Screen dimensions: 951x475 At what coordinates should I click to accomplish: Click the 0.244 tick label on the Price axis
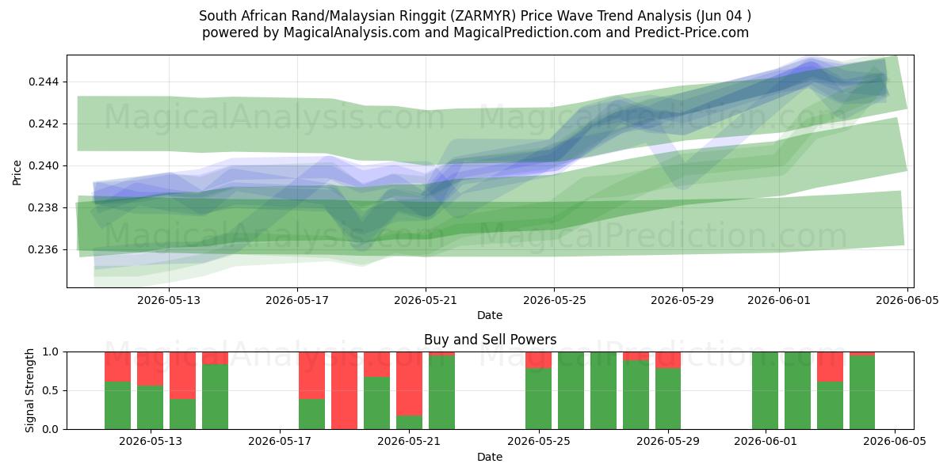click(44, 82)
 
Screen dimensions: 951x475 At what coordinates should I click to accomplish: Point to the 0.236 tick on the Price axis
click(44, 250)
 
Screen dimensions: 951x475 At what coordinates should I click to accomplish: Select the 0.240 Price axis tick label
click(44, 165)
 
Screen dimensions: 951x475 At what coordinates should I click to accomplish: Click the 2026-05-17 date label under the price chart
click(297, 300)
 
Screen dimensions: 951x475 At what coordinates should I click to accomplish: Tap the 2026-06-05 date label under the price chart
click(907, 300)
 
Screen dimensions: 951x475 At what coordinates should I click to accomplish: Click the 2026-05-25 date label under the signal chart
click(539, 441)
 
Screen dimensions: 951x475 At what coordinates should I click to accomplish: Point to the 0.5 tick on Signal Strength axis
click(51, 390)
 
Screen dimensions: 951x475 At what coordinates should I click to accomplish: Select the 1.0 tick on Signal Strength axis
click(51, 352)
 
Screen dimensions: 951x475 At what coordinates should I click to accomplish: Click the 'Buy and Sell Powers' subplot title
click(490, 340)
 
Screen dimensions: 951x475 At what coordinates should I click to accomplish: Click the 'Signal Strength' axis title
click(29, 390)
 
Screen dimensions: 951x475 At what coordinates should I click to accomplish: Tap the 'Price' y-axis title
click(17, 173)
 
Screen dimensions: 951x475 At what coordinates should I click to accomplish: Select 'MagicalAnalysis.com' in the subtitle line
click(352, 32)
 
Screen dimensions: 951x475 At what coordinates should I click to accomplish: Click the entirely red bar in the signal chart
click(344, 390)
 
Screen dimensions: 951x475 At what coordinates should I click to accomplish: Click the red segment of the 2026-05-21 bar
click(409, 384)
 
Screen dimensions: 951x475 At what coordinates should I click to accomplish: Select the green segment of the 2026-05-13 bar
click(150, 408)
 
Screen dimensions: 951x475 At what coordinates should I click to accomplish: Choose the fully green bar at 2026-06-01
click(765, 390)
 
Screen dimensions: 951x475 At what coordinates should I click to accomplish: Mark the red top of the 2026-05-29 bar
click(668, 360)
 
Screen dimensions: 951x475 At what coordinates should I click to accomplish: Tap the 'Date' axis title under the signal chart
click(490, 458)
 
